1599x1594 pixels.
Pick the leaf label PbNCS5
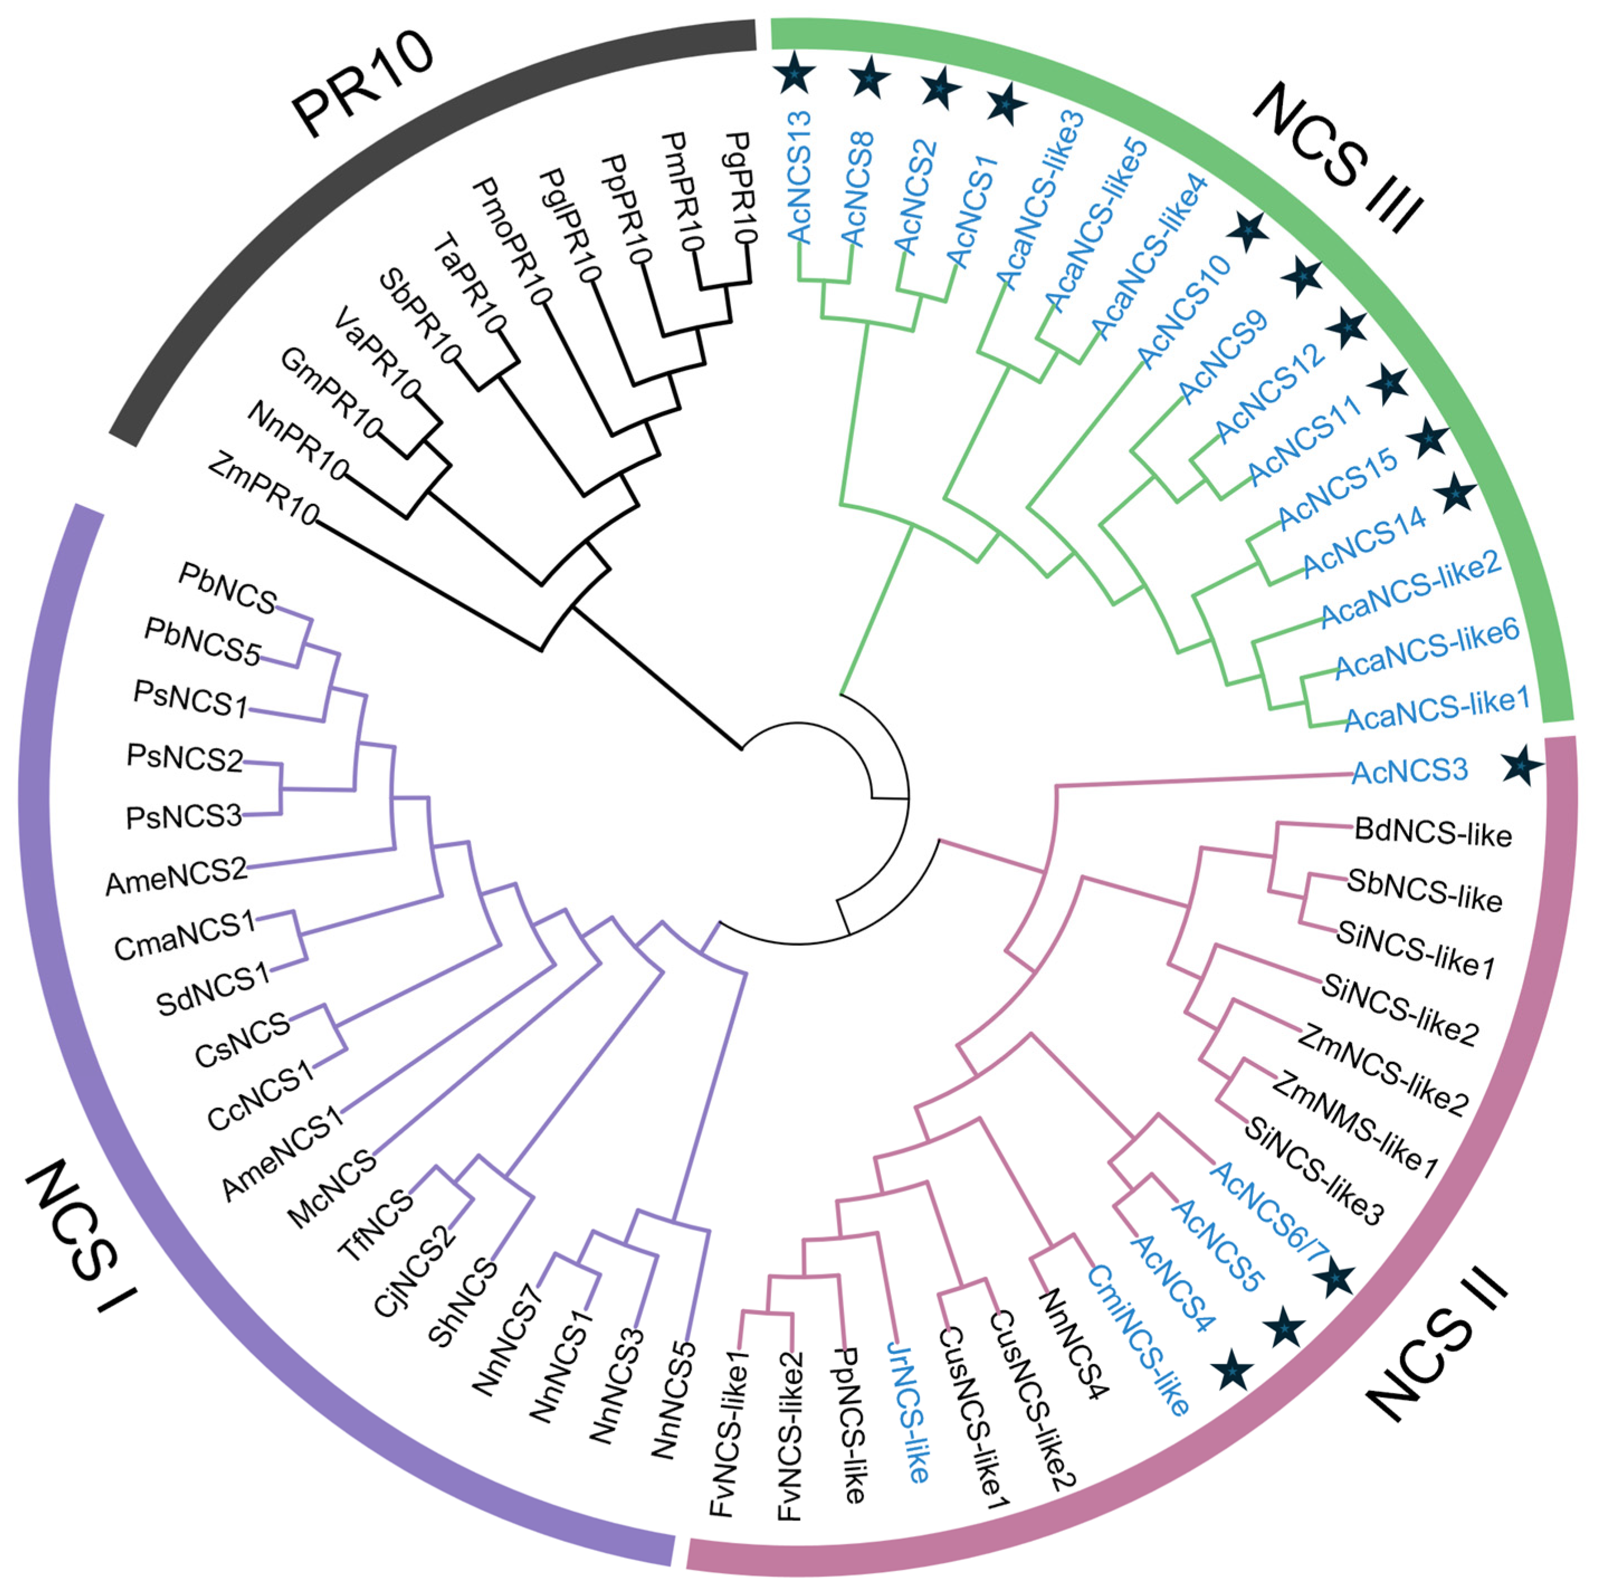coord(203,639)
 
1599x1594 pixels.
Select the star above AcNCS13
coord(795,74)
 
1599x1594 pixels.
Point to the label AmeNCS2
coord(176,877)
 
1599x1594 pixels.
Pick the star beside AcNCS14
coord(1454,495)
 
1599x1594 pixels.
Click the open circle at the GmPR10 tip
coord(374,429)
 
